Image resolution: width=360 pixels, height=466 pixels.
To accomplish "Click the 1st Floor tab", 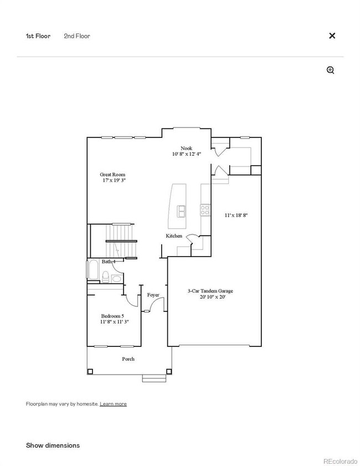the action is click(x=38, y=36).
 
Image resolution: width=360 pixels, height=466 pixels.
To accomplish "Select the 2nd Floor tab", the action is click(x=77, y=36).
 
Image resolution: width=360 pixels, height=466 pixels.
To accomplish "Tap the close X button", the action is click(x=332, y=35).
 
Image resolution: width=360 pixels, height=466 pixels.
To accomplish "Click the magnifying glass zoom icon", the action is click(x=331, y=70).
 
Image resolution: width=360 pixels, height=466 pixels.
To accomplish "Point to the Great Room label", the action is click(x=112, y=175).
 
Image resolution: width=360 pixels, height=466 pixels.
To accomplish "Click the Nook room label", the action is click(x=186, y=148).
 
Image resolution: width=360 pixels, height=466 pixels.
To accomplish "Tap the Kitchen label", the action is click(x=174, y=235).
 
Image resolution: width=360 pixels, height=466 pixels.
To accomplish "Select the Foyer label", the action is click(x=153, y=295).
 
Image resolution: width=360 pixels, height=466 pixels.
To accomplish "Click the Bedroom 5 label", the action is click(x=112, y=316).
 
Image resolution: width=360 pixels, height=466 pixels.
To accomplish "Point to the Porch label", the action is click(x=128, y=359).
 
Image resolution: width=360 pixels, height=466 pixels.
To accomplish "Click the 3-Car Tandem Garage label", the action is click(x=210, y=291).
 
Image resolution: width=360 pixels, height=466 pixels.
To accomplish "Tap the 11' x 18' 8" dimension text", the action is click(x=236, y=215).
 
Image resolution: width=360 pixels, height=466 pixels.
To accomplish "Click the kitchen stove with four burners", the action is click(x=205, y=210).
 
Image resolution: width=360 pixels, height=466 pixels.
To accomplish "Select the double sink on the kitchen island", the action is click(x=181, y=211).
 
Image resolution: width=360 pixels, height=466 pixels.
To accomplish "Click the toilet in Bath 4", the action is click(x=105, y=276).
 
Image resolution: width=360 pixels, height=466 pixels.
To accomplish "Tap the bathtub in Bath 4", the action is click(x=93, y=269).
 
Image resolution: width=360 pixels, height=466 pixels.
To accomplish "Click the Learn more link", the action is click(x=113, y=404).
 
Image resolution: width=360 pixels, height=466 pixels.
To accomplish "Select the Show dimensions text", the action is click(x=53, y=445).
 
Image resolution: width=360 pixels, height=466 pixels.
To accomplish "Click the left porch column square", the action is click(x=90, y=371).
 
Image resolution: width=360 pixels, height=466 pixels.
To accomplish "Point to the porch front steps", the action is click(x=154, y=378).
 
